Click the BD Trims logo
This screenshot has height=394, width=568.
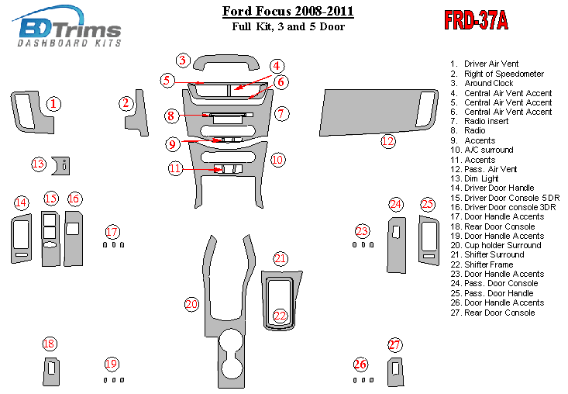69,30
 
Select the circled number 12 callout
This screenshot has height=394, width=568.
387,141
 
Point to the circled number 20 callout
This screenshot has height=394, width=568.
191,304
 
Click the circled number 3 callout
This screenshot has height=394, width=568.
182,60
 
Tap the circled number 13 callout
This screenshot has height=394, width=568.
38,164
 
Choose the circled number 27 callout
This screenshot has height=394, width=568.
395,345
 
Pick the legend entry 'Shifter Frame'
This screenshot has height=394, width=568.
488,264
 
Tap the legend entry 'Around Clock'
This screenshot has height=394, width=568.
488,83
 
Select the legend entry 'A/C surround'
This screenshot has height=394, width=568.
488,150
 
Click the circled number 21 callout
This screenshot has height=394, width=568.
280,258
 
